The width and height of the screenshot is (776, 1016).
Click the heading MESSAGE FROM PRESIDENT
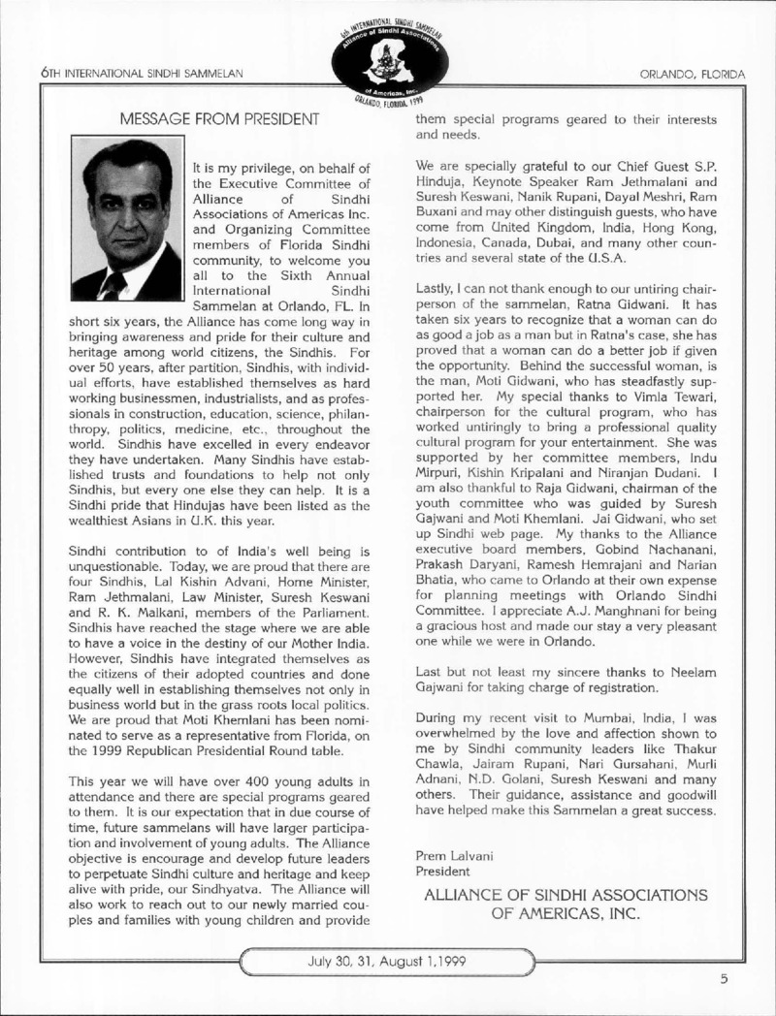point(218,120)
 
